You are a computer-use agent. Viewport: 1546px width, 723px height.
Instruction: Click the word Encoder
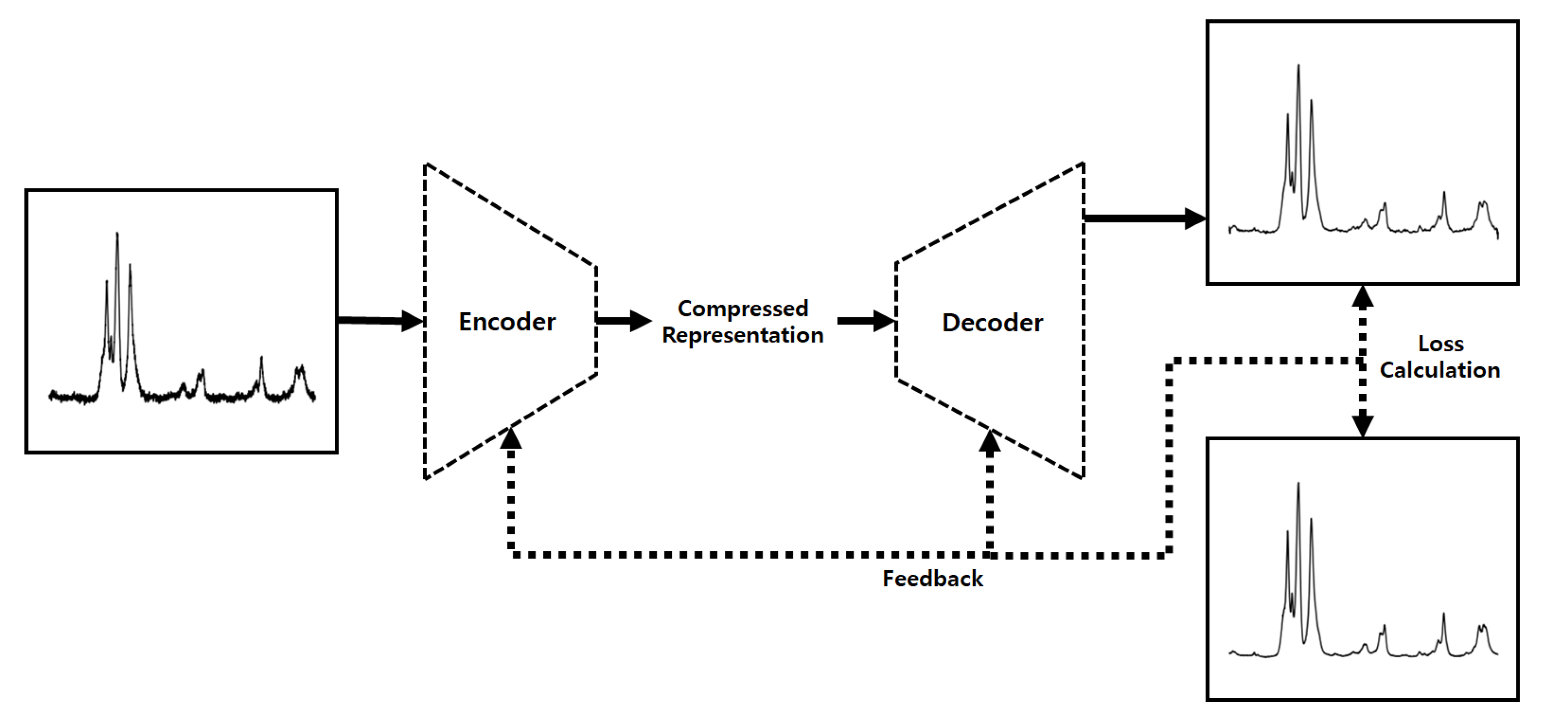[x=507, y=322]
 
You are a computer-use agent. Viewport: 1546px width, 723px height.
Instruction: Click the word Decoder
[x=992, y=323]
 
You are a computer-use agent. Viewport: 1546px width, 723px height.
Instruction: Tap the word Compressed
[x=743, y=309]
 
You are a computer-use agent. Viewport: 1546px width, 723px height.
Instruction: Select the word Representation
[x=743, y=335]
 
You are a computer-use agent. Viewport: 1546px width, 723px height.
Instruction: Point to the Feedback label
[x=933, y=579]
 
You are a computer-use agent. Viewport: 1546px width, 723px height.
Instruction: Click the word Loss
[x=1441, y=344]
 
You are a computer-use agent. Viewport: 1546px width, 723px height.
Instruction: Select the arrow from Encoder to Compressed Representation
[x=624, y=320]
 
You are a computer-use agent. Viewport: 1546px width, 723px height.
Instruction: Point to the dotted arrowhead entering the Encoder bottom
[x=511, y=438]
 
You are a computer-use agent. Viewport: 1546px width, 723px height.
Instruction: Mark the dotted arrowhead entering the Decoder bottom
[x=990, y=441]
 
